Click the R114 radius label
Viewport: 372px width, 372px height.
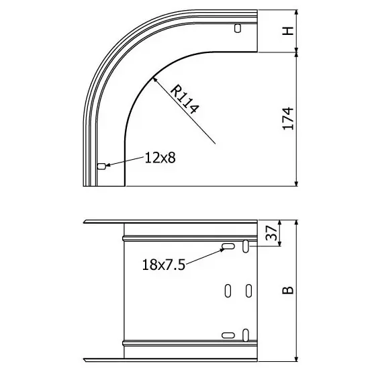(x=185, y=99)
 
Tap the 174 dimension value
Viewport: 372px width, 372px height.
(x=288, y=119)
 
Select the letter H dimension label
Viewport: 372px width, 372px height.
(x=288, y=31)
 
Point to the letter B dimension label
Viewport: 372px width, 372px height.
(x=288, y=290)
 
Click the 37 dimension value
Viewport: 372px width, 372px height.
(x=271, y=233)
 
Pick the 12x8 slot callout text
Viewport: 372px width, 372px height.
(x=160, y=158)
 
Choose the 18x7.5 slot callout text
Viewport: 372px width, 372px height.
(x=163, y=265)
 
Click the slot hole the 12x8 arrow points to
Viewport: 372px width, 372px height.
(x=101, y=167)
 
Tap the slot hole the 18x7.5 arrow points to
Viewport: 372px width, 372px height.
(x=228, y=246)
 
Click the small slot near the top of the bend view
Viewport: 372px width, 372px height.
(x=238, y=28)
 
